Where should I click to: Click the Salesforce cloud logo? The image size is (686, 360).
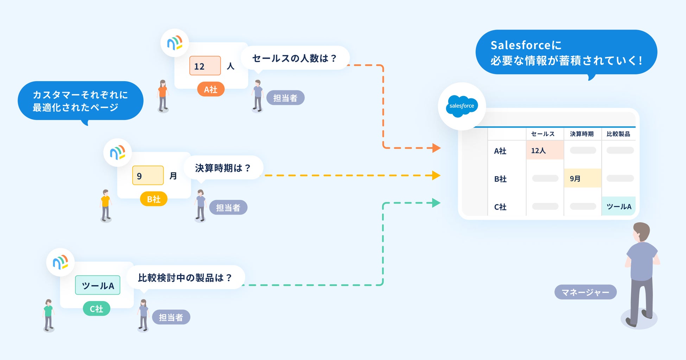point(462,106)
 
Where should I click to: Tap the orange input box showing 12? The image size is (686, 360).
point(205,66)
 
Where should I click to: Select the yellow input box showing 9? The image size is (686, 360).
point(148,175)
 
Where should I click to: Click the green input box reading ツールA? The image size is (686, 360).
point(97,285)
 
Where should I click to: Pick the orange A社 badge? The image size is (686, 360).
point(211,89)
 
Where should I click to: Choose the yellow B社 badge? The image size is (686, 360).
point(153,199)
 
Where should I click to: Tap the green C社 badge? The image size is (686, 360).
point(96,309)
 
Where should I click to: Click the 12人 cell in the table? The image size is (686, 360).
point(545,150)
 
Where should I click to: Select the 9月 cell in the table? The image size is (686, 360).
point(582,178)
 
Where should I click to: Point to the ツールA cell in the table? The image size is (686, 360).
point(619,206)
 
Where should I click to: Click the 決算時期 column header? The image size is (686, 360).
point(582,134)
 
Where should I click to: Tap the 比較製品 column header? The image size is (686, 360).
point(618,134)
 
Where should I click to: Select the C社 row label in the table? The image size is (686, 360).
point(500,207)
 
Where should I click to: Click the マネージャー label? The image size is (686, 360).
point(585,292)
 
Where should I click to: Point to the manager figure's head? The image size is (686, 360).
point(641,232)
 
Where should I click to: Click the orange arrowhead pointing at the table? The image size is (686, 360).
point(436,148)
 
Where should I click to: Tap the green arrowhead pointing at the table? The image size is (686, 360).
point(436,203)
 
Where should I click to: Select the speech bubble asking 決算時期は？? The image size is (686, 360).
point(223,168)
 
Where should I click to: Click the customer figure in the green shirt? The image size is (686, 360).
point(49,315)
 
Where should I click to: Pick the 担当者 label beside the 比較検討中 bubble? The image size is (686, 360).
point(171,317)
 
